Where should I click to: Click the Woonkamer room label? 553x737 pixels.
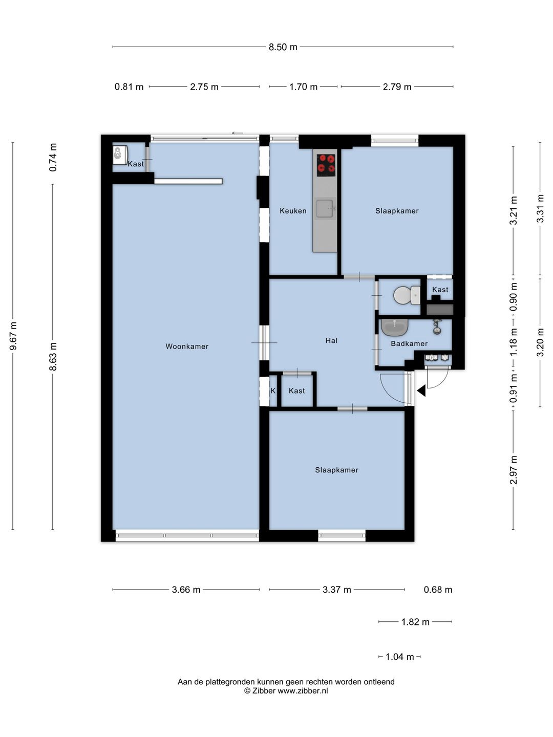[187, 346]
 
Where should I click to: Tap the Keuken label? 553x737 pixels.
[293, 211]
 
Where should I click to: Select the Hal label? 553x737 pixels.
[331, 340]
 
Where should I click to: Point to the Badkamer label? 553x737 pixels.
[409, 343]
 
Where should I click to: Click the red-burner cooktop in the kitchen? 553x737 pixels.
[326, 165]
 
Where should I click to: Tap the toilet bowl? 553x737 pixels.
[406, 295]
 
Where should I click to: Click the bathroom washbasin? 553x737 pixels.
[394, 328]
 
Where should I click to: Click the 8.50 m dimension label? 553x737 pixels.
[283, 47]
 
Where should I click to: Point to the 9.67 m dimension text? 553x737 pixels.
[13, 336]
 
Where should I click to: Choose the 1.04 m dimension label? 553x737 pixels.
[399, 657]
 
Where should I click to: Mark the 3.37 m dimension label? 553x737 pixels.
[337, 590]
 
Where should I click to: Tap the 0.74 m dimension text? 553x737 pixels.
[53, 157]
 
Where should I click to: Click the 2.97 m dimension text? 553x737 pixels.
[514, 470]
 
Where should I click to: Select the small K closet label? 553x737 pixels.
[272, 391]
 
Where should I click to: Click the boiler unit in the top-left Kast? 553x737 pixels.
[119, 155]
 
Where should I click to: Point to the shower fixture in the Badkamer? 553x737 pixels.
[436, 327]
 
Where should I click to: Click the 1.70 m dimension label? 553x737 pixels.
[303, 86]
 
